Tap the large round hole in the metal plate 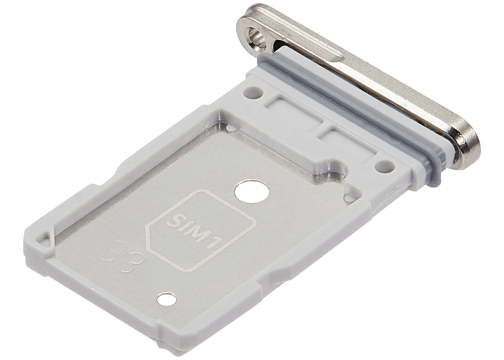point(252,192)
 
